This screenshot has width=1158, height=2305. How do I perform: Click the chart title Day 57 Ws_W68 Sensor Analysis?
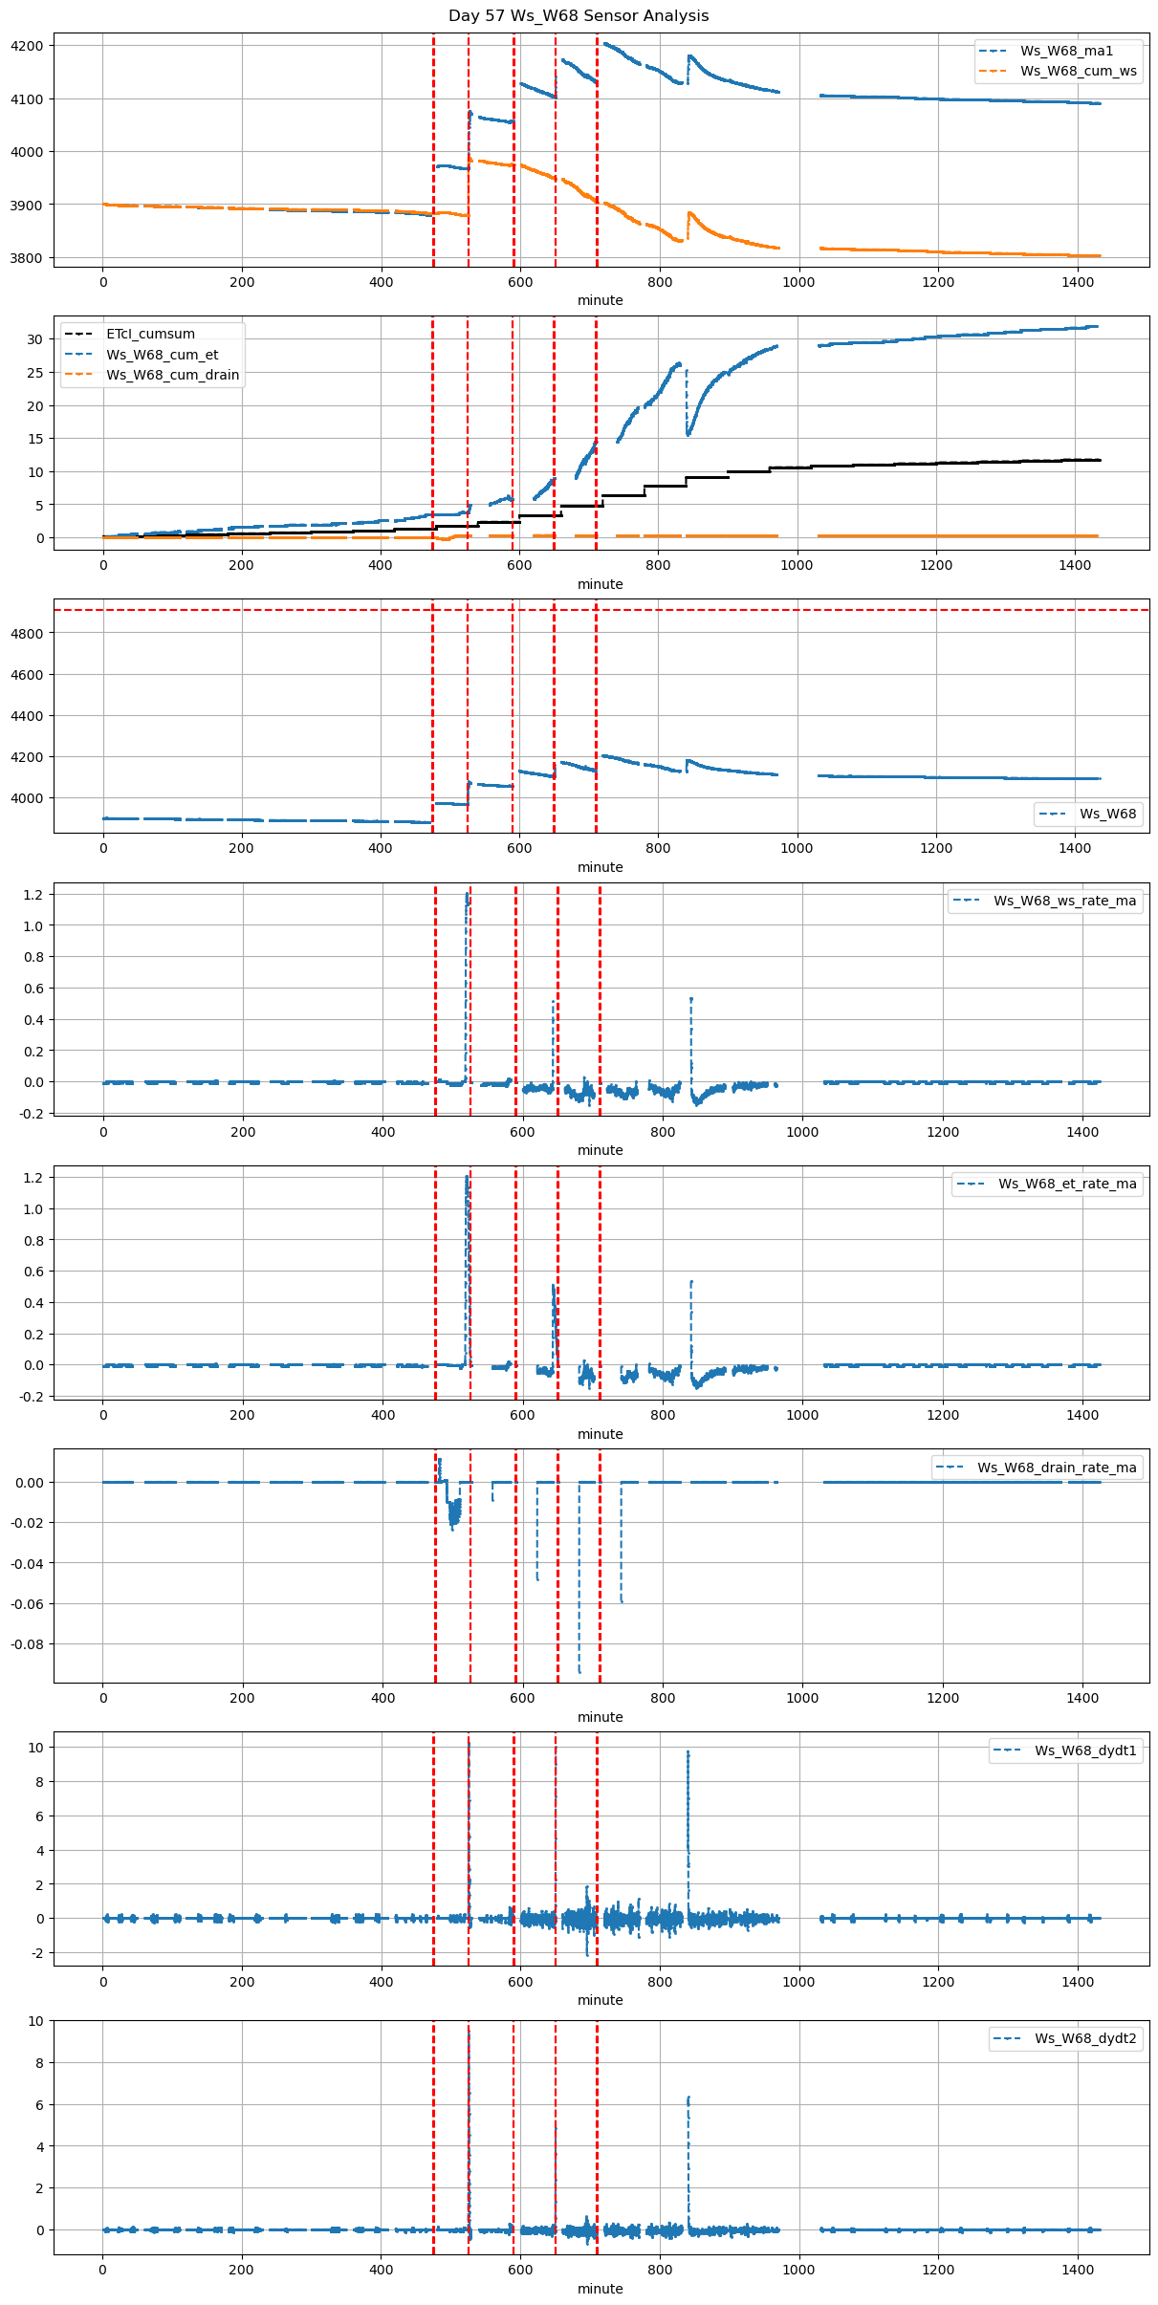point(579,15)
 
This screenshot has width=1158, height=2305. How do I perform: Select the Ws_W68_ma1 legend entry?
point(1066,51)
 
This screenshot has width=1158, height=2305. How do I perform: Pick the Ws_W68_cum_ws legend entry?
point(1078,71)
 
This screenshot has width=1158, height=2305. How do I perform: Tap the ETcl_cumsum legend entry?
point(150,334)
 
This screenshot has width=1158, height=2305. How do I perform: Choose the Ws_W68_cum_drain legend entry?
point(172,375)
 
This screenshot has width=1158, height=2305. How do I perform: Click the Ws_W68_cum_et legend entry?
point(162,355)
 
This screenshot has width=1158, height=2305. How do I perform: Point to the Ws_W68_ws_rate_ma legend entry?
point(1064,901)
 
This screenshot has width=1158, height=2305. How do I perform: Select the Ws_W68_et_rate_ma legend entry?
point(1067,1184)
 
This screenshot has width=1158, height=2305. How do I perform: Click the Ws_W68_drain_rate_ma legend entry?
point(1057,1467)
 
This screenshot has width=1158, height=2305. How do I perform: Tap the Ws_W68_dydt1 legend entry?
point(1085,1750)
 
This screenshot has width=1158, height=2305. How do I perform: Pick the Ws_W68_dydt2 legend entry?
point(1085,2038)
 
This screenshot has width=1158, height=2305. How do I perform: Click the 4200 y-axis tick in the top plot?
point(27,46)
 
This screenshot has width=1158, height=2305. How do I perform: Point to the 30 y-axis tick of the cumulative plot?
point(34,339)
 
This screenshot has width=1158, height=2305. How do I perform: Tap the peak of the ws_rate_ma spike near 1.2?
point(467,895)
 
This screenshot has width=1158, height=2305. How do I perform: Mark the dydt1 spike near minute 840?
point(688,1752)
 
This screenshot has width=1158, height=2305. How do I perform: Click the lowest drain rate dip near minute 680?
point(579,1671)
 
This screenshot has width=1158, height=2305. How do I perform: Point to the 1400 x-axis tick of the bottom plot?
point(1078,2269)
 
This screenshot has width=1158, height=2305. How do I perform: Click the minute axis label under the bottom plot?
point(600,2289)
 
